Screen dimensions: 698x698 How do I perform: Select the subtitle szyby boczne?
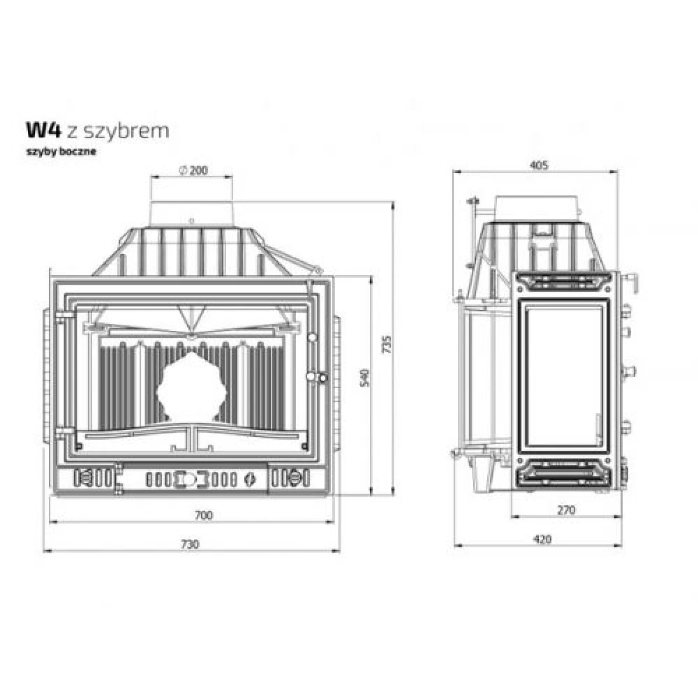(x=61, y=151)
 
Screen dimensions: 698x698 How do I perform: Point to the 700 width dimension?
(x=202, y=516)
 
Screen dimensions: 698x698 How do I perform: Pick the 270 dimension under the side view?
(x=566, y=510)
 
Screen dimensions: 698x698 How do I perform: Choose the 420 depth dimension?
(x=542, y=539)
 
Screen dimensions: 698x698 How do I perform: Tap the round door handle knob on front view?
(x=322, y=378)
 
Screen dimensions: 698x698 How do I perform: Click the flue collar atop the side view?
(x=537, y=206)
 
